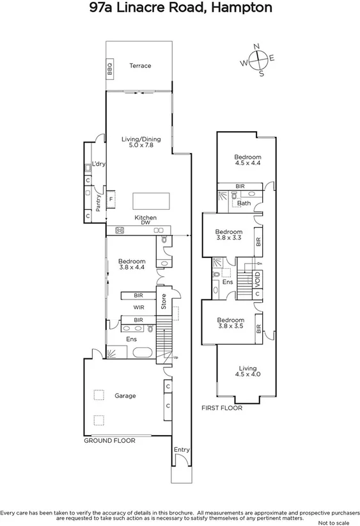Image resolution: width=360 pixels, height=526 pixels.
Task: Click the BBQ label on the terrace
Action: point(109,66)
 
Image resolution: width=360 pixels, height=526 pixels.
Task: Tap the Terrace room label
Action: point(140,66)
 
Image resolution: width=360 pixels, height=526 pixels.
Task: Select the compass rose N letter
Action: point(256,47)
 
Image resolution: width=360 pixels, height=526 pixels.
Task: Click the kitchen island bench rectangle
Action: point(151,201)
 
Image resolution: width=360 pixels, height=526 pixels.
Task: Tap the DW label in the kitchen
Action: point(146,223)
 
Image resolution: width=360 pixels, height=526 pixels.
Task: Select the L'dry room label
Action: point(98,164)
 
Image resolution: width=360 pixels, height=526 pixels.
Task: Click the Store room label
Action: point(164,301)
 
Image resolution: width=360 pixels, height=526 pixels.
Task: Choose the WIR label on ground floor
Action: point(139,308)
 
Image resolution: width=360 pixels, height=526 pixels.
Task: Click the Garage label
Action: point(125,396)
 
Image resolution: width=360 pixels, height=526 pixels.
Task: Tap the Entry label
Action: point(182,450)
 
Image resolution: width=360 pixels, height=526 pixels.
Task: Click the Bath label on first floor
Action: point(244,204)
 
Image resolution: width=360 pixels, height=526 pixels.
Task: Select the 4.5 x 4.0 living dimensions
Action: point(247,376)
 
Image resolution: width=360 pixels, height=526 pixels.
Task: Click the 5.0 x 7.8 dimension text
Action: point(141,147)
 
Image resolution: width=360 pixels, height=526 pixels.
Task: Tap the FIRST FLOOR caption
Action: point(222,408)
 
